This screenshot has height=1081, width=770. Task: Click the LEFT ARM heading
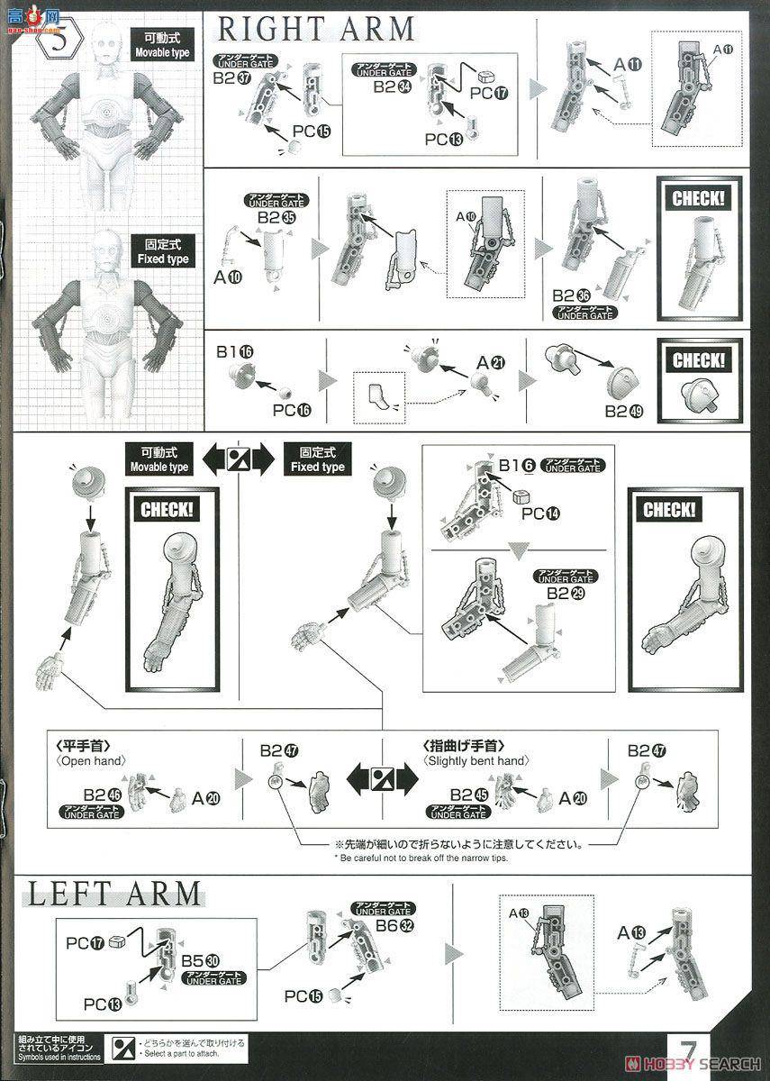click(x=113, y=894)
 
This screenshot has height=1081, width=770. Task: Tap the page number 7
click(x=689, y=1053)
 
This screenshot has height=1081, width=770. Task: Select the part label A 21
click(x=491, y=362)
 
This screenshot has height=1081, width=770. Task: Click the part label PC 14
click(x=540, y=513)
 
